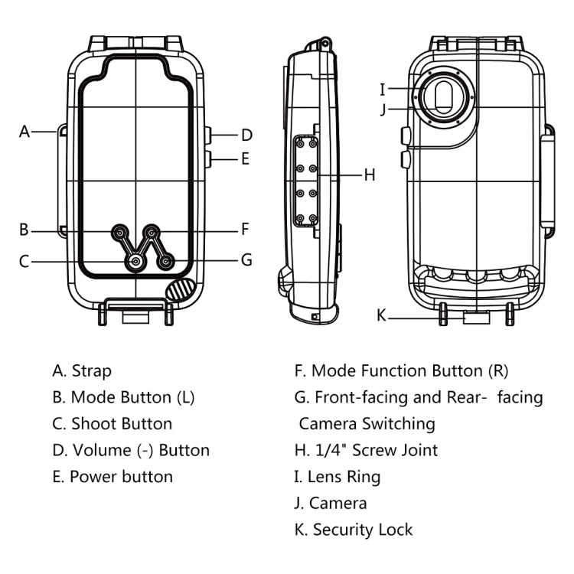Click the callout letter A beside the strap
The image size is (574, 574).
[24, 132]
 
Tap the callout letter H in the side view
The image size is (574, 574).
[370, 175]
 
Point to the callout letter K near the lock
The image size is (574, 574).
[382, 315]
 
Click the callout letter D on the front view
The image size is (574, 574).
[246, 135]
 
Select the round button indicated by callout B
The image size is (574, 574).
[120, 230]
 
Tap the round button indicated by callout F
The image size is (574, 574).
[152, 230]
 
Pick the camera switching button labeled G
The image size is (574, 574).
[166, 262]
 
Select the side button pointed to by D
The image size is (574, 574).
[208, 135]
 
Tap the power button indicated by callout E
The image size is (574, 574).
[208, 159]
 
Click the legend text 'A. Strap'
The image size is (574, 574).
[82, 371]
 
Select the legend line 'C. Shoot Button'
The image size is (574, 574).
[113, 424]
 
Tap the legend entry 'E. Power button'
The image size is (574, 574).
[113, 477]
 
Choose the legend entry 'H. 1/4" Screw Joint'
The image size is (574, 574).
[366, 450]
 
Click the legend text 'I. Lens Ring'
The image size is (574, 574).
[337, 477]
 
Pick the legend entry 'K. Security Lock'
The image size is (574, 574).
[353, 530]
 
